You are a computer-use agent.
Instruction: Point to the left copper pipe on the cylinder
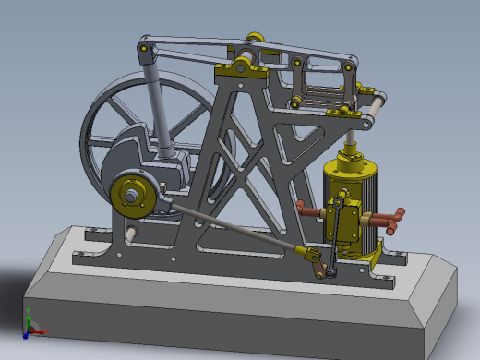[x=312, y=210]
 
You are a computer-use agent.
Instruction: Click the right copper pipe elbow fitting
[x=395, y=220]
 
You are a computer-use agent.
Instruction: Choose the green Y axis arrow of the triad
[x=28, y=316]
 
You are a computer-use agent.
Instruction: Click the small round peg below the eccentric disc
[x=130, y=233]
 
